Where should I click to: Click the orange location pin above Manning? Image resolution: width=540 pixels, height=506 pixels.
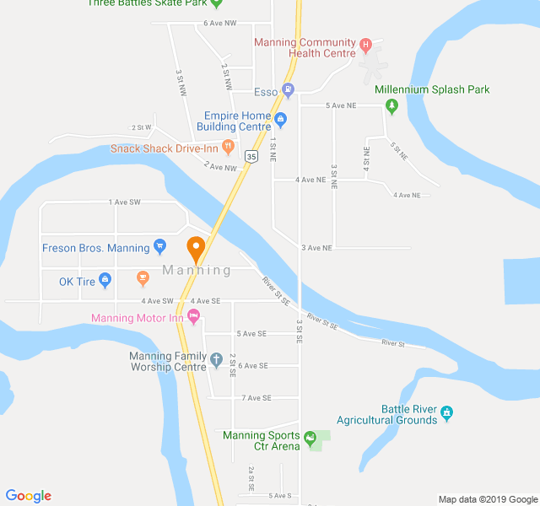pos(196,249)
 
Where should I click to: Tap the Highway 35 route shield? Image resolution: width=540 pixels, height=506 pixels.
pos(251,156)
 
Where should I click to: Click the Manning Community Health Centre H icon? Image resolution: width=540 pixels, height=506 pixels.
pos(365,45)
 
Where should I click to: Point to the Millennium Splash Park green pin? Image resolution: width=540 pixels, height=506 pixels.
pos(391,106)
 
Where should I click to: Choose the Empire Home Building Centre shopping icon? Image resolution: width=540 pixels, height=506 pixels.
pos(282,119)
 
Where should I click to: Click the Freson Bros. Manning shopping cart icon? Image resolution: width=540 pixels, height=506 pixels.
pos(160,248)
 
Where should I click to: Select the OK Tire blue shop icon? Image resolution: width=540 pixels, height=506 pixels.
pos(105,279)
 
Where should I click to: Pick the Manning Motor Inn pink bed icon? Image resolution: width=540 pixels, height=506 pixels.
pos(194,317)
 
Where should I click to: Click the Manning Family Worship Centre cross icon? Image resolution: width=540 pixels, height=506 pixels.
pos(216,360)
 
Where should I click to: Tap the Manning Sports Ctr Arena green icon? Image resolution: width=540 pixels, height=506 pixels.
pos(310,438)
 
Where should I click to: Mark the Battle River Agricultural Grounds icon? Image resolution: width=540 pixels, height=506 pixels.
pos(447,412)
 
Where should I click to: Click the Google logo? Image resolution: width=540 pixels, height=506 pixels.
pos(28,496)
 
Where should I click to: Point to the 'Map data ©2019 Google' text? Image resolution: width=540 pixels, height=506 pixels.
pos(488,498)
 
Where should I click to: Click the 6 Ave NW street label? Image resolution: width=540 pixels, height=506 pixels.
pos(220,23)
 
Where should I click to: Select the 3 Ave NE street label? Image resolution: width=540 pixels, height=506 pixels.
pos(317,248)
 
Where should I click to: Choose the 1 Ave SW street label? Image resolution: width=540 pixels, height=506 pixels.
pos(124,202)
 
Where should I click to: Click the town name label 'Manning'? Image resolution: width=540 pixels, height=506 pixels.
pos(196,271)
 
